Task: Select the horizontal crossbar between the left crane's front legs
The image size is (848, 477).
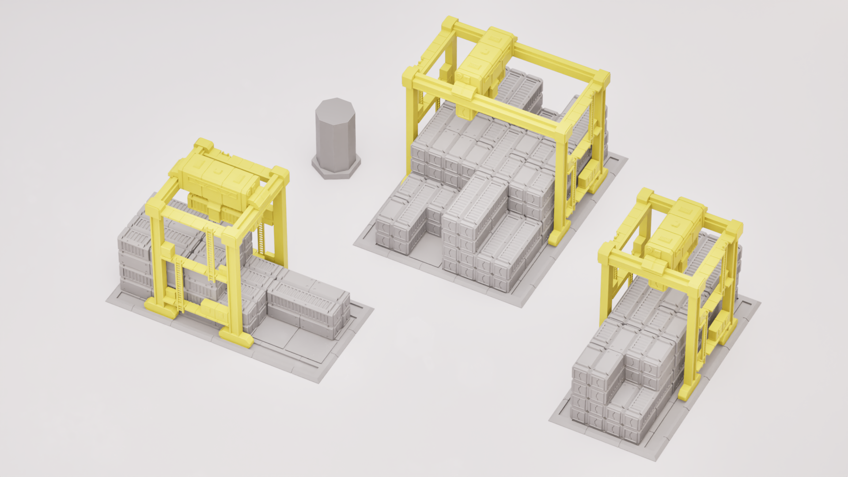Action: (194, 265)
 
